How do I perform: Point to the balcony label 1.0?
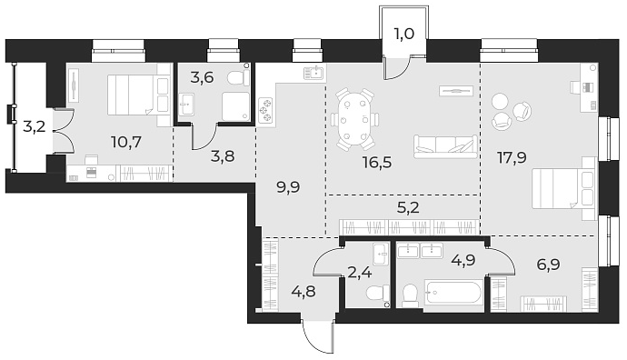click(x=403, y=36)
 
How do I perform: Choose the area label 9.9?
click(x=288, y=188)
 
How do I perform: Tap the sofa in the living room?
click(x=444, y=145)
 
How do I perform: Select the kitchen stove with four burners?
click(x=268, y=109)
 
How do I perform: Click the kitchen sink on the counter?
click(x=315, y=73)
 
